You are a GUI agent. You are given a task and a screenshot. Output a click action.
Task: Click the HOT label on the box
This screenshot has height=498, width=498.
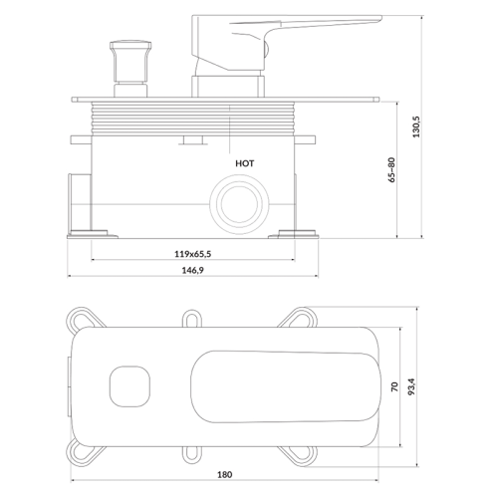(x=245, y=163)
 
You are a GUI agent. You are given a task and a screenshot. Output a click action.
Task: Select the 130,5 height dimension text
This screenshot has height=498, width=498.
(x=416, y=126)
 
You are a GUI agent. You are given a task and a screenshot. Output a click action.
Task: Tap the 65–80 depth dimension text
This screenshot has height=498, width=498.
(x=391, y=169)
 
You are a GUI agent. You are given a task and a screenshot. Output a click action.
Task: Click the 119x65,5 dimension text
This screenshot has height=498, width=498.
(x=193, y=254)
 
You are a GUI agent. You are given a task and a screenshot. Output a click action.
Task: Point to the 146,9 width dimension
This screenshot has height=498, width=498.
(x=193, y=270)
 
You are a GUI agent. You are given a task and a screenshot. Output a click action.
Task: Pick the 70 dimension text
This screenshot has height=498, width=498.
(x=394, y=386)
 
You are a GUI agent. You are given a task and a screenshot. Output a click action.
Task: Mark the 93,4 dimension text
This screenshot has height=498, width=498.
(x=411, y=386)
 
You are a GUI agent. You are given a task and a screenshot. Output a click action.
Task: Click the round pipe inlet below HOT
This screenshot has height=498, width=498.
(x=239, y=204)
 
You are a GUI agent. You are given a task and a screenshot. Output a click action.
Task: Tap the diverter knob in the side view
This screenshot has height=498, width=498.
(x=130, y=69)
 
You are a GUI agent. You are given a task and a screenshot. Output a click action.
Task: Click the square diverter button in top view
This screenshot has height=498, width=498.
(x=129, y=386)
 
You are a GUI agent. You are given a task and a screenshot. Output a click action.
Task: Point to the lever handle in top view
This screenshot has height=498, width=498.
(x=286, y=386)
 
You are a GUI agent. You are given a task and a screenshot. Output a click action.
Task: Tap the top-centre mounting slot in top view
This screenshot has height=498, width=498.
(x=192, y=319)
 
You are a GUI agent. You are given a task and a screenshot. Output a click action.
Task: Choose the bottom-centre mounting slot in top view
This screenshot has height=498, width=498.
(x=192, y=454)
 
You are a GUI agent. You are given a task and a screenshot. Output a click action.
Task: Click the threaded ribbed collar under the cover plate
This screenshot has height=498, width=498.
(x=193, y=119)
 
